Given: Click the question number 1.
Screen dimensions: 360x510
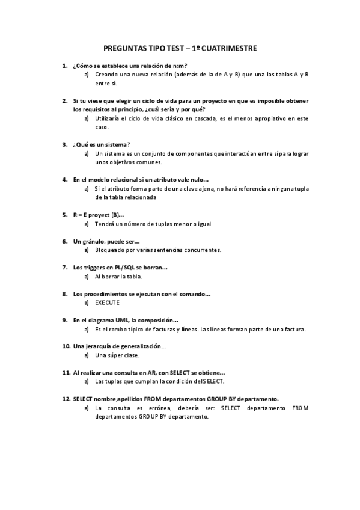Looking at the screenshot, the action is (64, 66).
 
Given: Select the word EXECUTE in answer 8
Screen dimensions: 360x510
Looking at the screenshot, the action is (108, 303).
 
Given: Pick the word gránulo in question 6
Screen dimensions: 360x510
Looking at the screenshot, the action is (97, 241).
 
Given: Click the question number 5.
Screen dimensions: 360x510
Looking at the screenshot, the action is (64, 215).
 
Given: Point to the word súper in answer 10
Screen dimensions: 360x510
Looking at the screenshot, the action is (115, 355).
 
